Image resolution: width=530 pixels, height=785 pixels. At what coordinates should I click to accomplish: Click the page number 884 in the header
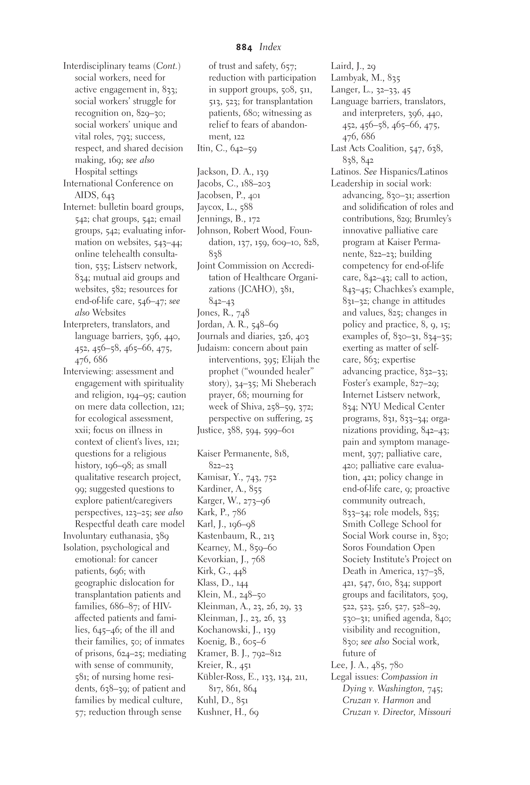[x=244, y=48]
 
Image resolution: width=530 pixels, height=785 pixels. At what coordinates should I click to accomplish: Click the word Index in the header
[x=270, y=47]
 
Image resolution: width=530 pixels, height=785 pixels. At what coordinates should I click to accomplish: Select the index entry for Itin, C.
[x=226, y=148]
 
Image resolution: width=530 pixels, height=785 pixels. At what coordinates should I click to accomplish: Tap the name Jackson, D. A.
[x=233, y=172]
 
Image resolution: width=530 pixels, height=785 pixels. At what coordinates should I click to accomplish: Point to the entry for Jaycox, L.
[x=224, y=207]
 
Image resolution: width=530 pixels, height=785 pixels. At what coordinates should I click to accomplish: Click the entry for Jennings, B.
[x=228, y=219]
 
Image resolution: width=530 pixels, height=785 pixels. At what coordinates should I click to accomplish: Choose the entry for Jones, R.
[x=223, y=313]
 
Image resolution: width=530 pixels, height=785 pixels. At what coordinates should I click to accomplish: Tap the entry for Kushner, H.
[x=227, y=712]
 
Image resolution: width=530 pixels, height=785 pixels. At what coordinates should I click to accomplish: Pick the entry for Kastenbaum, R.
[x=235, y=536]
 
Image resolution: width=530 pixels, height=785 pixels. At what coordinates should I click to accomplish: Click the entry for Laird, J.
[x=353, y=66]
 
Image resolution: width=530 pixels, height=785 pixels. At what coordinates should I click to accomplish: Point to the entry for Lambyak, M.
[x=365, y=78]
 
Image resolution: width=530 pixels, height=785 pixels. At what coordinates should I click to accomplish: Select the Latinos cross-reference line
[x=389, y=172]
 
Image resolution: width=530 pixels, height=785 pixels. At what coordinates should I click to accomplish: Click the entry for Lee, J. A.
[x=367, y=665]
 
